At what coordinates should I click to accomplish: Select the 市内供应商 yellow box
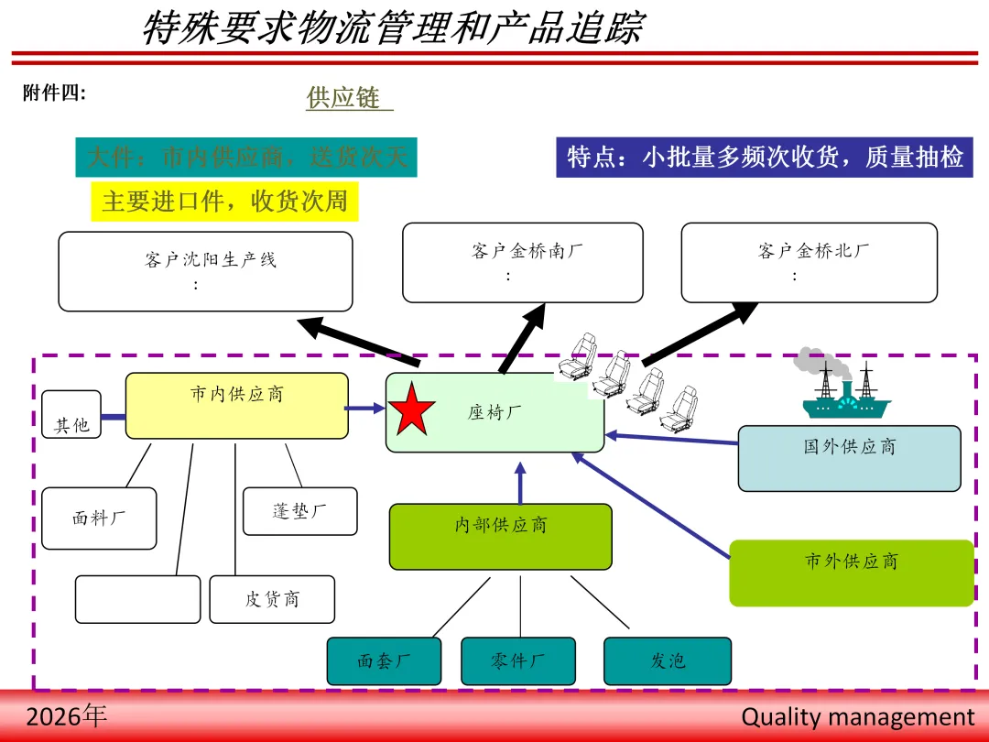point(236,406)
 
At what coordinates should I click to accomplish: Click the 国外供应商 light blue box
point(849,458)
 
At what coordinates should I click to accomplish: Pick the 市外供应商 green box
point(851,573)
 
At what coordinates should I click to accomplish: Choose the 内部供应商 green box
point(500,536)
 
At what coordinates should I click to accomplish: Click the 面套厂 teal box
point(384,660)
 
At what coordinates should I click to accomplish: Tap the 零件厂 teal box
point(518,660)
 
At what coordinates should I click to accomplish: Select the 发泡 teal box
point(668,660)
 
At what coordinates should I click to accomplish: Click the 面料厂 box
point(99,518)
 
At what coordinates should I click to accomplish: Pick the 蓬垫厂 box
point(299,511)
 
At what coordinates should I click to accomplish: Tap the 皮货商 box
point(272,599)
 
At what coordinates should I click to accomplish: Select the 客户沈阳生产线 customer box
point(205,271)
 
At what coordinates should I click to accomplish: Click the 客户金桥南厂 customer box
point(522,262)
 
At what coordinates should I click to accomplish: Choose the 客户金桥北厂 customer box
point(809,262)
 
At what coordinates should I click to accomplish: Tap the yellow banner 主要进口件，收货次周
point(224,202)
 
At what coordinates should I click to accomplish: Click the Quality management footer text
point(858,716)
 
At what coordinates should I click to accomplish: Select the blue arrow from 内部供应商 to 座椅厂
point(520,483)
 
